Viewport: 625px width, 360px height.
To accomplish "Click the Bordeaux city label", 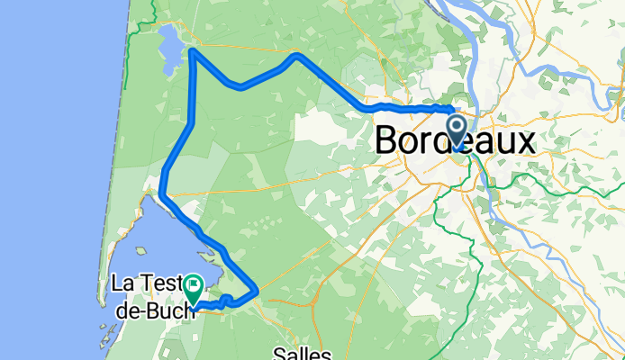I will click(453, 140).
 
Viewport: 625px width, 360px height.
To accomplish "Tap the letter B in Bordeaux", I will click(385, 141).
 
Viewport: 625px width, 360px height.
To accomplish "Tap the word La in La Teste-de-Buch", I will click(122, 283).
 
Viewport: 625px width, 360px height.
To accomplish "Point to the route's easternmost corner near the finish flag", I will click(258, 289).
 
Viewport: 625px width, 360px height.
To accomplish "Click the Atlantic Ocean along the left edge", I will click(45, 180).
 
